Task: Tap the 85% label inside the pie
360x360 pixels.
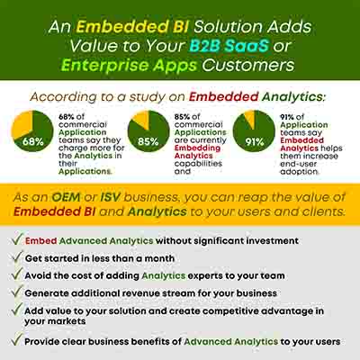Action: point(148,141)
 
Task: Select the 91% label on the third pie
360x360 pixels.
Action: point(255,141)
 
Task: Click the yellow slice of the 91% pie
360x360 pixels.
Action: point(250,118)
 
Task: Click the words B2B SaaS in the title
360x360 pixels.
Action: point(229,46)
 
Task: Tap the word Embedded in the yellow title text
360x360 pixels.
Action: point(121,26)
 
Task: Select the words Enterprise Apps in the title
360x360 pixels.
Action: point(129,66)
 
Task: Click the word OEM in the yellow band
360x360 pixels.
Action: point(66,197)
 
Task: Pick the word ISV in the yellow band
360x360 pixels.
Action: point(110,197)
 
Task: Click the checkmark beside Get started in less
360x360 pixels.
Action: point(17,257)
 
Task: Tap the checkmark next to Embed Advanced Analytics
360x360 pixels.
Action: point(17,239)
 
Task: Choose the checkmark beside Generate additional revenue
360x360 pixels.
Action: point(17,292)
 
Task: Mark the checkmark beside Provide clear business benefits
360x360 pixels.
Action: point(17,340)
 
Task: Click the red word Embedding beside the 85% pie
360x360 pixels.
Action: point(197,148)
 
